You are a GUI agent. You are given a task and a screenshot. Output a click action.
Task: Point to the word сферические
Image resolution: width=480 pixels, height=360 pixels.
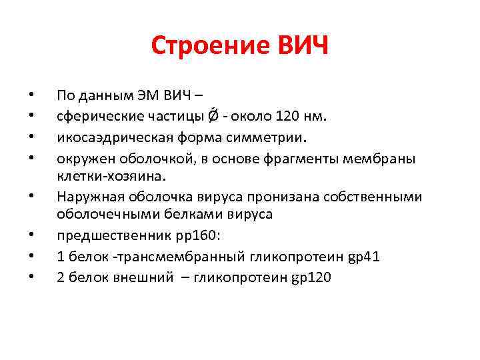(92, 117)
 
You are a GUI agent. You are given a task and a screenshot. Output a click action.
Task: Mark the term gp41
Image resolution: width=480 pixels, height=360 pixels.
(363, 257)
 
